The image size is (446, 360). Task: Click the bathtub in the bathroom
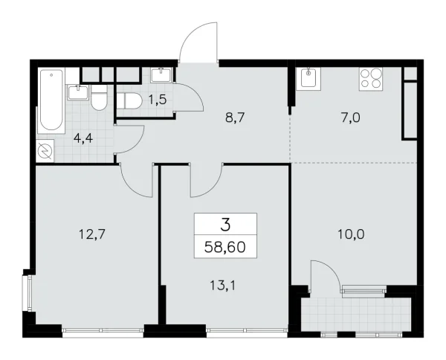51,97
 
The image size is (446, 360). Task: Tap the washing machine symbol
45,150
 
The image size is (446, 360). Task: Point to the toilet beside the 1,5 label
131,101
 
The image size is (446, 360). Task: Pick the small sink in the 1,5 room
161,75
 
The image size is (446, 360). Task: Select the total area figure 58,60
225,245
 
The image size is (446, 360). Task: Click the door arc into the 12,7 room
136,179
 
